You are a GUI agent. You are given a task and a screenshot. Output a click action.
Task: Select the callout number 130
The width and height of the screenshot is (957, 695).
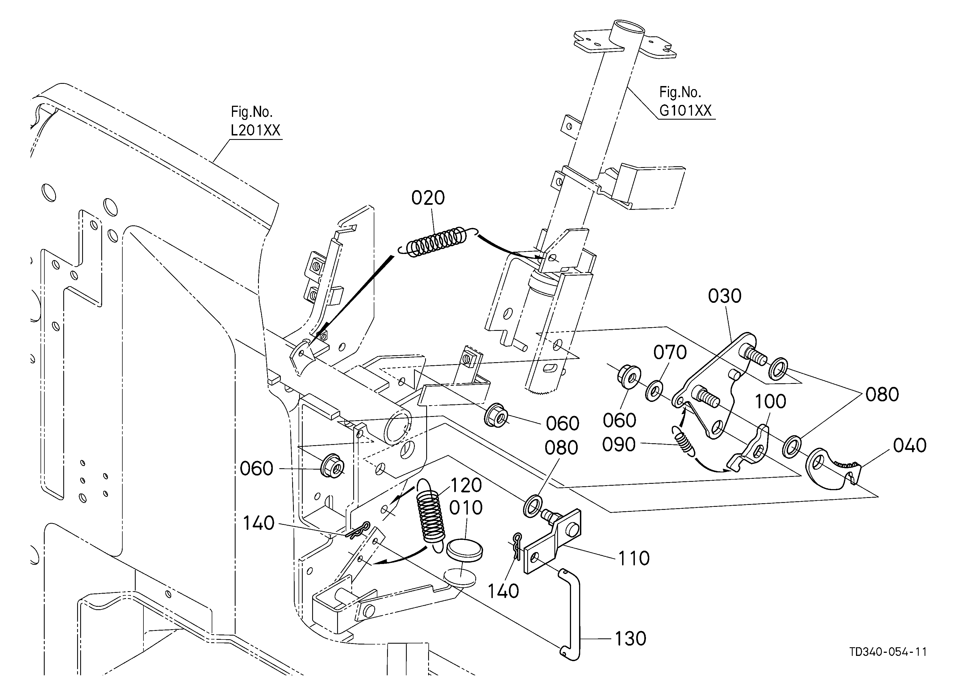[x=630, y=639]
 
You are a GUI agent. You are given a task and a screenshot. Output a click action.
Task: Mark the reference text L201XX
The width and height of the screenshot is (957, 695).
[x=255, y=130]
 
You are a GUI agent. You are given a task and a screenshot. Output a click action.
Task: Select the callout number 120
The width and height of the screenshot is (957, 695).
[x=466, y=486]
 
